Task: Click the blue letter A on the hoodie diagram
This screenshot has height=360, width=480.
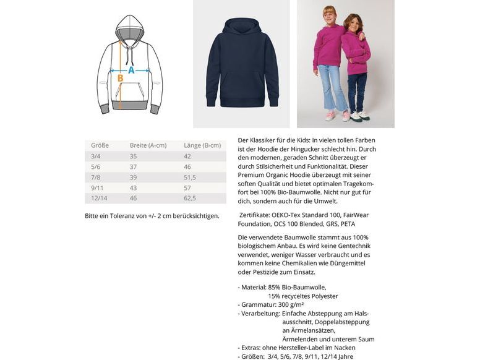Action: [x=131, y=71]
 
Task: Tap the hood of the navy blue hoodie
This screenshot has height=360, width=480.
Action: [x=242, y=28]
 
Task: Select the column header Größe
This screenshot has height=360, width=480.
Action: [x=100, y=145]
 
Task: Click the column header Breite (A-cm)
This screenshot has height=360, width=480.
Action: [x=148, y=145]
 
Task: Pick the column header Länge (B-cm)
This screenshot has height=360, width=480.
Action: [x=202, y=145]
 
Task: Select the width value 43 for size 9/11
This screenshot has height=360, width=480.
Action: [x=134, y=187]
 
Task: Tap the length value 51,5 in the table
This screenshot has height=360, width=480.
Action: [x=190, y=177]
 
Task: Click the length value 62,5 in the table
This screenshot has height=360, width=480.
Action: [x=190, y=198]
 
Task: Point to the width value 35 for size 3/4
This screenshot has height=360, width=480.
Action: [x=134, y=156]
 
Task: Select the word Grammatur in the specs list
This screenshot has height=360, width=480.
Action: [x=259, y=304]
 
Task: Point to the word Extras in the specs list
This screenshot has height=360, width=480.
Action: [x=252, y=348]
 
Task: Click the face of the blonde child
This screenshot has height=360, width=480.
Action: [x=328, y=14]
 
